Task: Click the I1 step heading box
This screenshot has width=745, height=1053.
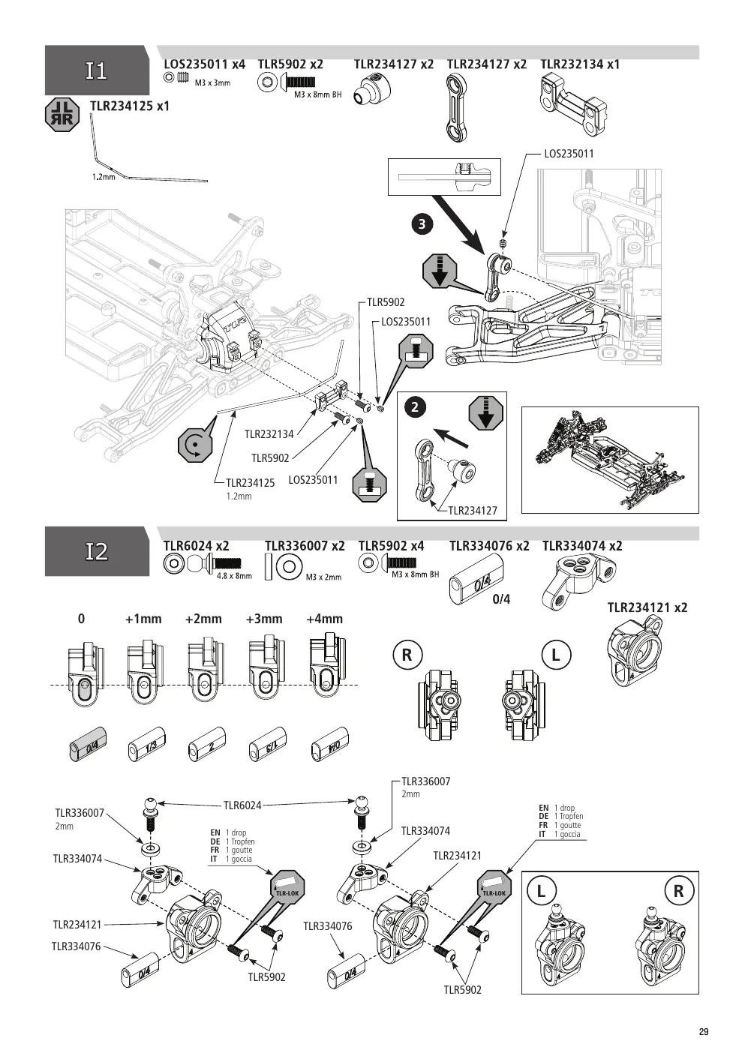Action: [97, 70]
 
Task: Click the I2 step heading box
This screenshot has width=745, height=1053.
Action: [97, 551]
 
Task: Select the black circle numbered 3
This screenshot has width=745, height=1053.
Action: [422, 223]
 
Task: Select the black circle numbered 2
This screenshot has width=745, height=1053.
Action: [415, 407]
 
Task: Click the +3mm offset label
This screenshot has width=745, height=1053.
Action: [264, 619]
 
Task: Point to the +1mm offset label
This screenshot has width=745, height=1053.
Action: [143, 619]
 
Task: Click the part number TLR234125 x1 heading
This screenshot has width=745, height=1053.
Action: [130, 106]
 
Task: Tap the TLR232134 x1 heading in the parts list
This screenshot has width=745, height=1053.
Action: [580, 64]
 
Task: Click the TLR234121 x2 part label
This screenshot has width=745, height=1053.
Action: [647, 607]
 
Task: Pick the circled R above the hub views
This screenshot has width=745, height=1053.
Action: [407, 655]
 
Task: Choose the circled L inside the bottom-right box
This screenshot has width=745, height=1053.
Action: [542, 891]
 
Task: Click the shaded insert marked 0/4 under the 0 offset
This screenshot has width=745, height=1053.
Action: [88, 745]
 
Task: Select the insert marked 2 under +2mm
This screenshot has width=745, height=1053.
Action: [207, 745]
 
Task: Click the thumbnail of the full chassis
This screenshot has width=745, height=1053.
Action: [610, 460]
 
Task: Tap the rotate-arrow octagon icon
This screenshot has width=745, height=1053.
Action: [195, 445]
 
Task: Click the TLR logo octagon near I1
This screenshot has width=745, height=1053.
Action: [62, 115]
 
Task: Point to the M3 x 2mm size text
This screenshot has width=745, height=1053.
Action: [323, 577]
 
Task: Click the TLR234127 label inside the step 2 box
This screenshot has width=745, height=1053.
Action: [473, 511]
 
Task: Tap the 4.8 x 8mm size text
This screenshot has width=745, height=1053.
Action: [234, 576]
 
